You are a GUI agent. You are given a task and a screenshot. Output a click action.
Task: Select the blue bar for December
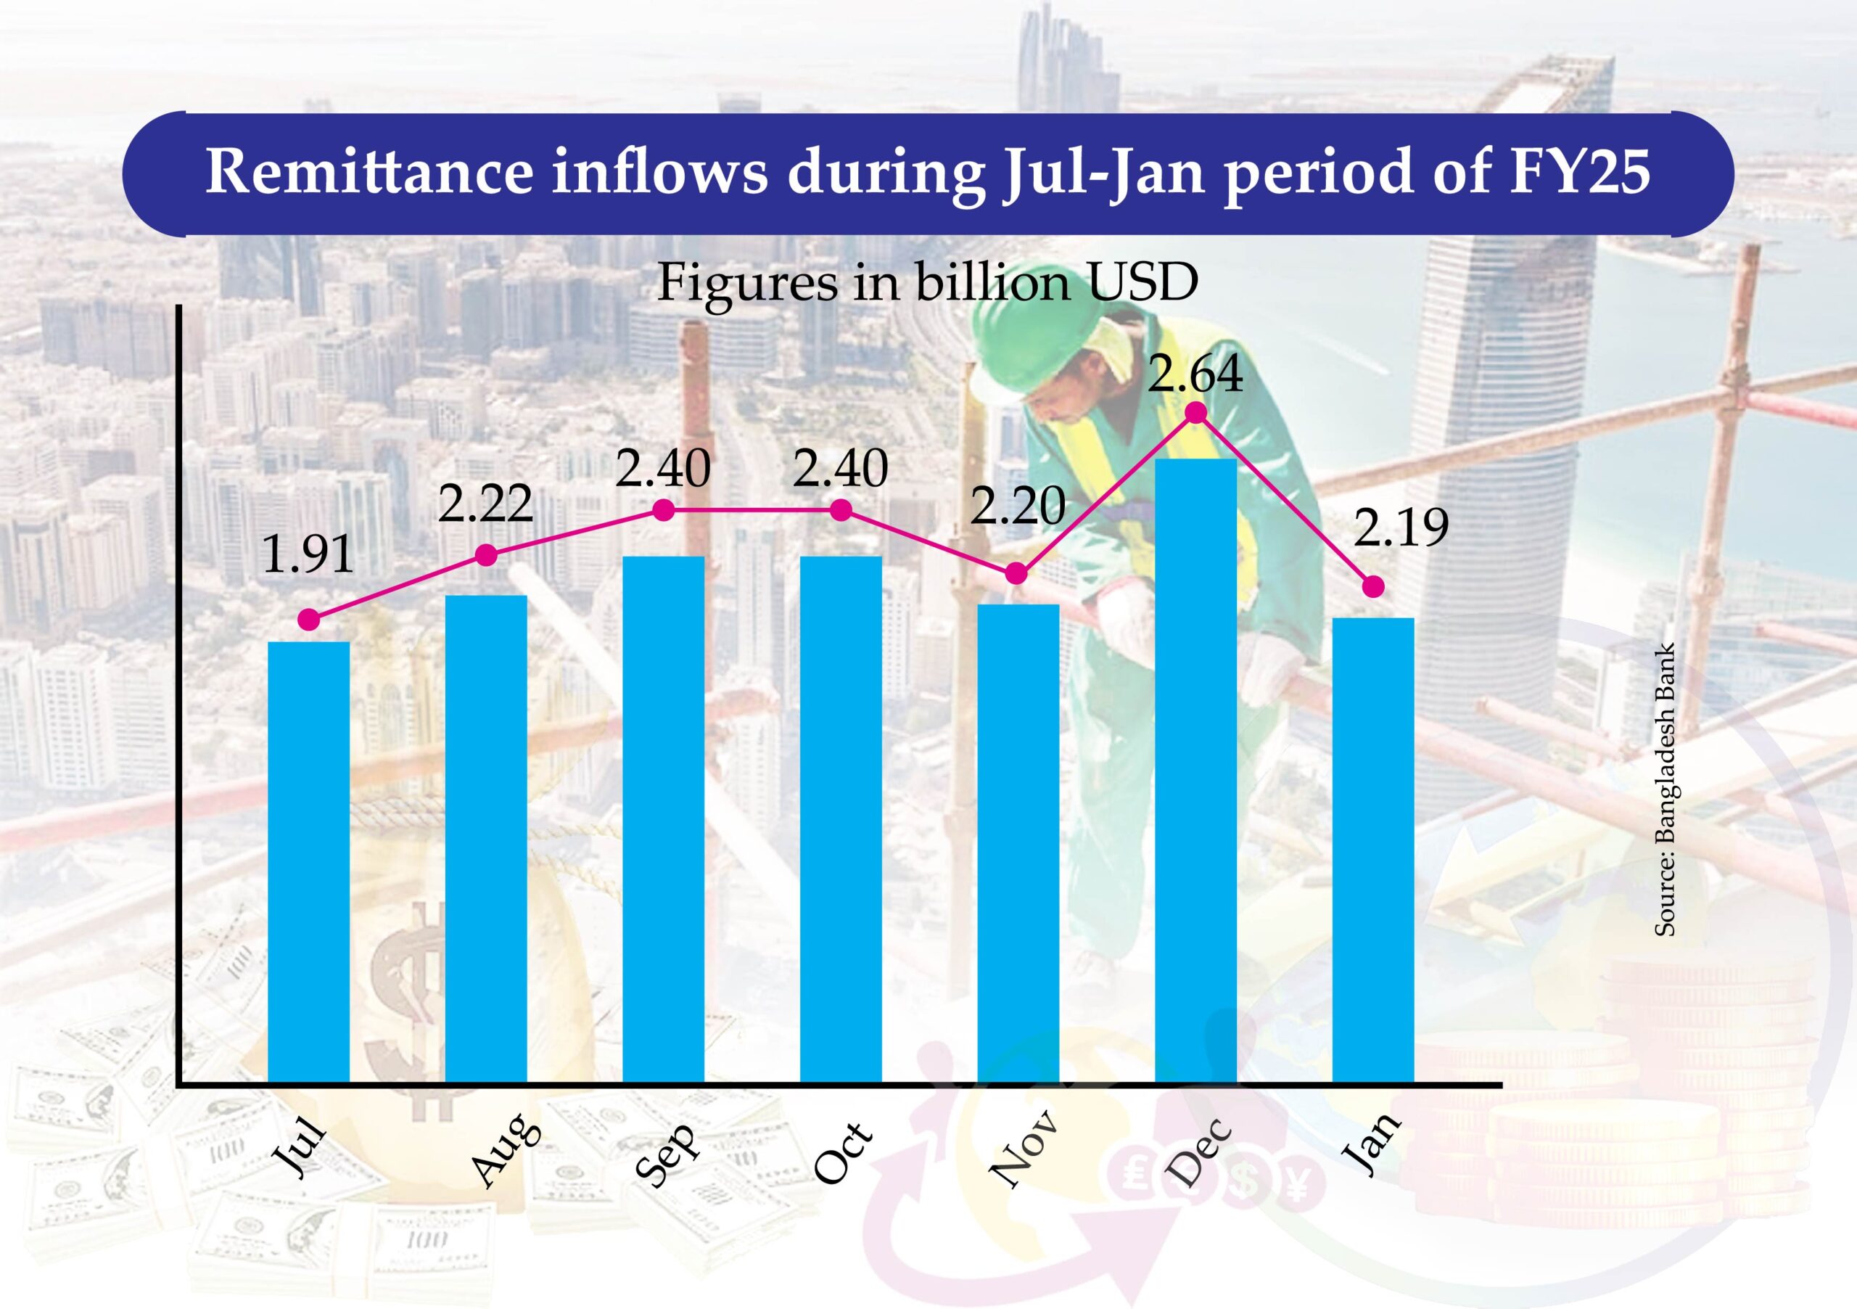click(x=1195, y=768)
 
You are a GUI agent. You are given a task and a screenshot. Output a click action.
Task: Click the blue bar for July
click(x=308, y=861)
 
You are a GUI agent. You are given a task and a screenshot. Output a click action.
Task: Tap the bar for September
click(x=663, y=817)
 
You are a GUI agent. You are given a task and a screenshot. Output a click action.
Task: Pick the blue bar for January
click(x=1372, y=849)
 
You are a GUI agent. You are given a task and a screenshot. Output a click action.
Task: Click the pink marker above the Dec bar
click(x=1195, y=414)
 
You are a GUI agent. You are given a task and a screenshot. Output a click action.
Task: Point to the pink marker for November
click(x=1017, y=574)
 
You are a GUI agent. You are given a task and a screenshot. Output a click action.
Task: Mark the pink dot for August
click(x=486, y=555)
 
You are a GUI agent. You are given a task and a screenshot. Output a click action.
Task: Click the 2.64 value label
click(x=1195, y=374)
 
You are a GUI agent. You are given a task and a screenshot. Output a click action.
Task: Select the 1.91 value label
click(x=308, y=555)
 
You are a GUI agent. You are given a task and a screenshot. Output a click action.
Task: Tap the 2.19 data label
click(x=1401, y=528)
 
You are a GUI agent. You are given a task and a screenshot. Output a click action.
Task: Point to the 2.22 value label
click(x=485, y=504)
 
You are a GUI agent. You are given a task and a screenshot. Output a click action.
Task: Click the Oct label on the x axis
click(x=844, y=1154)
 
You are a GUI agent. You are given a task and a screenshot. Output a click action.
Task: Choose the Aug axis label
click(x=506, y=1149)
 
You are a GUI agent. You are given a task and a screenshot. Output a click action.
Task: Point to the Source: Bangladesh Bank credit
click(x=1665, y=789)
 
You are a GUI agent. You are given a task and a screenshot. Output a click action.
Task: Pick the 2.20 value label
click(x=1017, y=506)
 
